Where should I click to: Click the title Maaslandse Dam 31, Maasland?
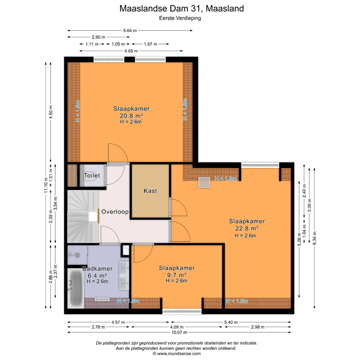point(181,8)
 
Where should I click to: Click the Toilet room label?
point(92,175)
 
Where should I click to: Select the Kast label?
point(150,191)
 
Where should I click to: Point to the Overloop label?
point(115,212)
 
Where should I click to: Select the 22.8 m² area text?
point(247,228)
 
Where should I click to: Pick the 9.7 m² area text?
point(177,275)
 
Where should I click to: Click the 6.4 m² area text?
point(97,275)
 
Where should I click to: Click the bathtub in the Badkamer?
point(75,288)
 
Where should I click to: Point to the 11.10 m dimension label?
point(45,183)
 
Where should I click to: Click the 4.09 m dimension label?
point(177,327)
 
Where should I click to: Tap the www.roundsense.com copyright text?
point(176,354)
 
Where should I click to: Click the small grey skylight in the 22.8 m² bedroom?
point(204,182)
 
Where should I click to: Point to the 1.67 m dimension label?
point(150,44)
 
